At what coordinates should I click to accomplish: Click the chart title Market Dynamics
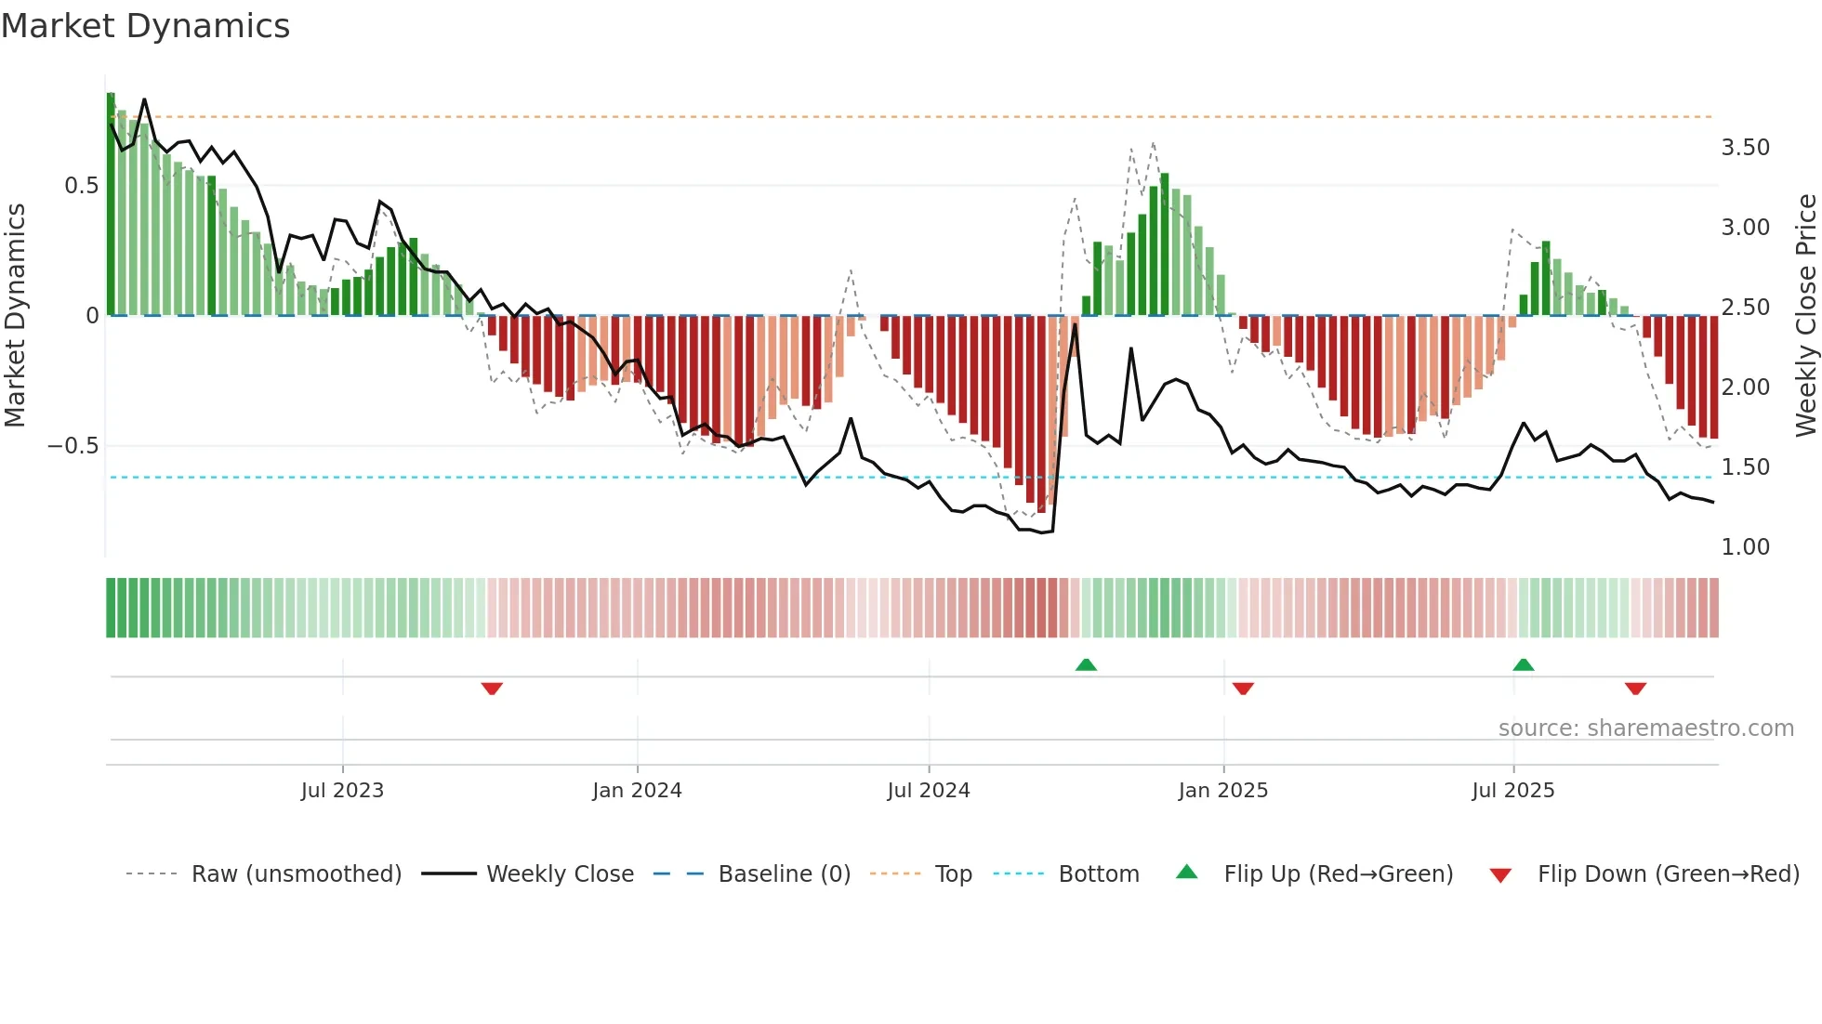pos(145,26)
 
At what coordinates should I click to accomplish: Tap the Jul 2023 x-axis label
pos(342,791)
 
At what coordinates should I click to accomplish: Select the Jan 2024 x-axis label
pos(637,791)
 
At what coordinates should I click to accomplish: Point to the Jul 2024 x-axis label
pos(928,791)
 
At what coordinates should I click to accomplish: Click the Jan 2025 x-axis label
pos(1222,791)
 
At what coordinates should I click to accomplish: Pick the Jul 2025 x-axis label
pos(1512,791)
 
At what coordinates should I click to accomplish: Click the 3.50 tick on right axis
pos(1745,148)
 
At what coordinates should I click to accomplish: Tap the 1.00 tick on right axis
pos(1745,547)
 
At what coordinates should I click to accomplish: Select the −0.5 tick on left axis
pos(73,446)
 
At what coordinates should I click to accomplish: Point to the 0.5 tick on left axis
pos(81,186)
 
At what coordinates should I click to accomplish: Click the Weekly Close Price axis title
pos(1805,315)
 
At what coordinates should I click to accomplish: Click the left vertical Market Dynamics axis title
pos(15,315)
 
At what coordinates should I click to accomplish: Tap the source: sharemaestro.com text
pos(1645,729)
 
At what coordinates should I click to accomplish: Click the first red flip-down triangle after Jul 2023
pos(492,689)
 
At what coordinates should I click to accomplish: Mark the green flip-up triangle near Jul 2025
pos(1523,664)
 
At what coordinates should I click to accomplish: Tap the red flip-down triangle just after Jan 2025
pos(1243,689)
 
